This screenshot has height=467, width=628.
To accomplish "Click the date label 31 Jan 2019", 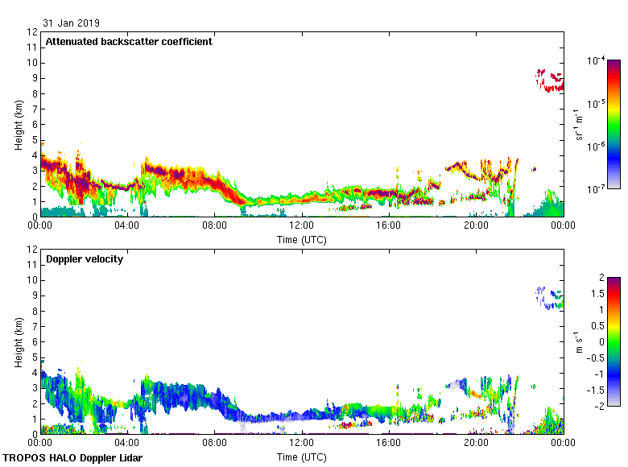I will [x=72, y=23].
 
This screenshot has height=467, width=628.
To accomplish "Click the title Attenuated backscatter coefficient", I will [x=129, y=42].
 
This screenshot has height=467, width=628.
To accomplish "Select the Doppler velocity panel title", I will [x=85, y=259].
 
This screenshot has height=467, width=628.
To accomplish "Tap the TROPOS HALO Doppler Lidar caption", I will [x=72, y=458].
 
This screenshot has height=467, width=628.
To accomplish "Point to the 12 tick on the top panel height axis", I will [x=33, y=32].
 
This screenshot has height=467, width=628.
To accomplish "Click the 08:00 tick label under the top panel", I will [x=215, y=226].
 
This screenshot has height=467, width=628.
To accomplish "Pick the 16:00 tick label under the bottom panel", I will [x=389, y=444].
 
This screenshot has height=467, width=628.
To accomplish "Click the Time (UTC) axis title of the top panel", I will [x=302, y=239].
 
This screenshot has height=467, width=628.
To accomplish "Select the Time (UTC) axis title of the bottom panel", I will [x=302, y=457].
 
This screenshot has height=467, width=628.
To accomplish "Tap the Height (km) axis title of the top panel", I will [x=19, y=125].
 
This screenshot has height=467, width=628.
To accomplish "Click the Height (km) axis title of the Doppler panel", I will [x=19, y=342].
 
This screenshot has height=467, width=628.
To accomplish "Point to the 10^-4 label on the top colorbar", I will [x=597, y=61].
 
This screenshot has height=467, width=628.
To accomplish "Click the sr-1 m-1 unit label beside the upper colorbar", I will [x=579, y=125].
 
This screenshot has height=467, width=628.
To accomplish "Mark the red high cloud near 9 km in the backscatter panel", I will [x=551, y=81].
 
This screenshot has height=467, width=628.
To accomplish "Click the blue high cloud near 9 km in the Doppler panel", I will [x=549, y=299].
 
